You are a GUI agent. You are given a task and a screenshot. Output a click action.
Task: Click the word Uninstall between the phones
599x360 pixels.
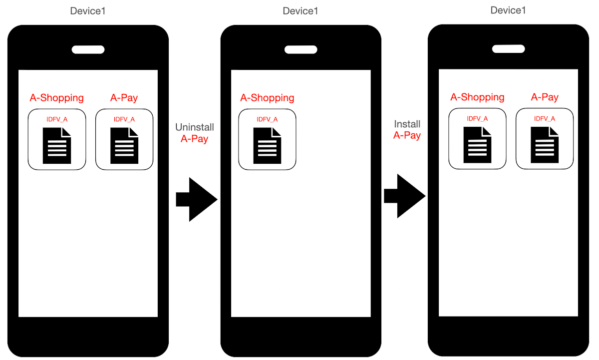tap(194, 128)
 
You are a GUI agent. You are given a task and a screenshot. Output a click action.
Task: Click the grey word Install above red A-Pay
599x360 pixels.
tap(407, 124)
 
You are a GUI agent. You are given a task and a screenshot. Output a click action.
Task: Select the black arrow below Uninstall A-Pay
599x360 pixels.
tap(196, 199)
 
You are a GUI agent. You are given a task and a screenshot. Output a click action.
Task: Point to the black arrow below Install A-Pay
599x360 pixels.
tap(404, 196)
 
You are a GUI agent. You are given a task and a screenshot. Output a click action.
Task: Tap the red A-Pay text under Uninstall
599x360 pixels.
tap(194, 139)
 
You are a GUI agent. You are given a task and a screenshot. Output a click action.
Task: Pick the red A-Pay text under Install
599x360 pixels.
tap(407, 135)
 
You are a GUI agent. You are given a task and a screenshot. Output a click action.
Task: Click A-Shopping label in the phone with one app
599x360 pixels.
tap(267, 98)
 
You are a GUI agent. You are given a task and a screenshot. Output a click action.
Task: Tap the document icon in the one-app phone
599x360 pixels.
tap(267, 145)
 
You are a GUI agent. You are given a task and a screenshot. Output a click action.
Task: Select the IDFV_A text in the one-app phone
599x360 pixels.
tap(267, 119)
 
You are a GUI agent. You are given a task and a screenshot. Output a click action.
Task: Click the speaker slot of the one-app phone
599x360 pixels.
tap(300, 49)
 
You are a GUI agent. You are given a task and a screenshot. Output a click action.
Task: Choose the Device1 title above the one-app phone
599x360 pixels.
tap(300, 11)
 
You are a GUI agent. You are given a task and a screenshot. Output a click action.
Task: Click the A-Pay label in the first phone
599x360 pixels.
tap(124, 98)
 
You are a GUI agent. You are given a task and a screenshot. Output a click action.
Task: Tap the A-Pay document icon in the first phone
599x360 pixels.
tap(124, 145)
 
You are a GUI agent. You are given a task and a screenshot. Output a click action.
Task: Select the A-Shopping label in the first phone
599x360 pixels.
tap(56, 98)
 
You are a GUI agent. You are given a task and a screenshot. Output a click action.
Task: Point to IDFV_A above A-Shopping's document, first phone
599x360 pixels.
tap(56, 119)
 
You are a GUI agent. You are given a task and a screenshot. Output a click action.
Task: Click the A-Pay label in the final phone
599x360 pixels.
tap(545, 97)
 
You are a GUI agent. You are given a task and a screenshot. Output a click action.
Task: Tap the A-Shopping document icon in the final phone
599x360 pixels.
tap(477, 145)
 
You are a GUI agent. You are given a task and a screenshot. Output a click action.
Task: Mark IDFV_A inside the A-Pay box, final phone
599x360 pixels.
tap(545, 119)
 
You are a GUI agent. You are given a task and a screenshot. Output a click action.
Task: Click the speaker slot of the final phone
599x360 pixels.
tap(508, 49)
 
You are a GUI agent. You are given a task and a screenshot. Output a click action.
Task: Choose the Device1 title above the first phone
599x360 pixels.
tap(88, 11)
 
